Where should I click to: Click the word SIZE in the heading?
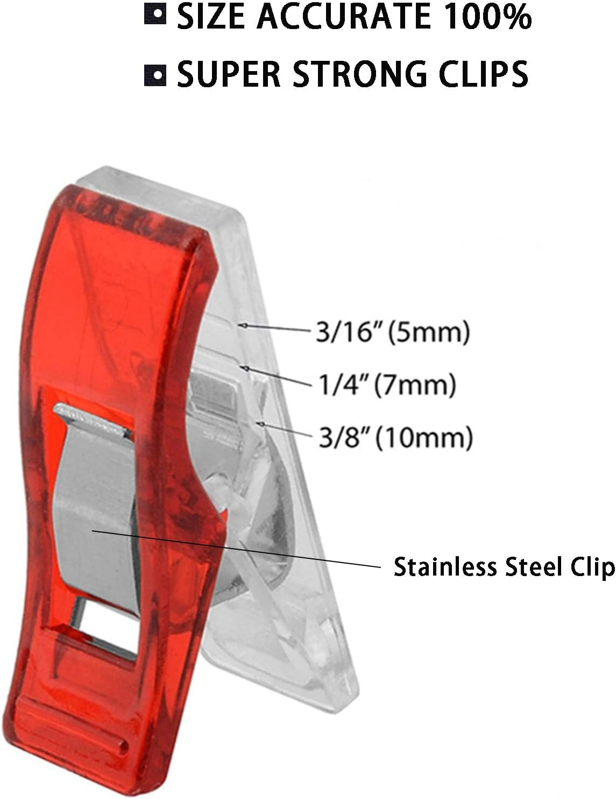tap(212, 17)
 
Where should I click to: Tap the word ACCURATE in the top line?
tap(343, 17)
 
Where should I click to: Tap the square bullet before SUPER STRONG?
tap(155, 75)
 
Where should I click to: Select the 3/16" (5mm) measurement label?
tap(393, 332)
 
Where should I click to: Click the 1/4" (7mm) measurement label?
tap(387, 385)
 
